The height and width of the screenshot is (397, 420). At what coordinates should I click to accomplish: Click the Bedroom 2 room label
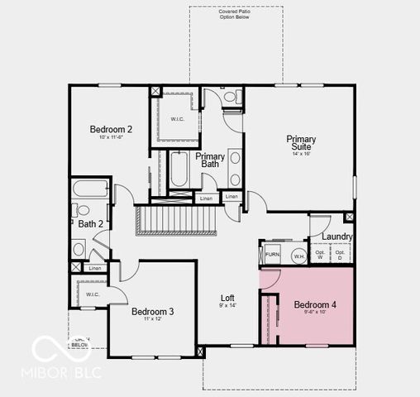tap(111, 129)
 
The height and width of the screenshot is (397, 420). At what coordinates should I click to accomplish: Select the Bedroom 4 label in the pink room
tap(315, 304)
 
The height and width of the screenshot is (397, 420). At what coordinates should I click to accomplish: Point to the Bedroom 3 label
tap(152, 311)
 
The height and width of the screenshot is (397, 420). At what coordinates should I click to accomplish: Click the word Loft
tap(227, 298)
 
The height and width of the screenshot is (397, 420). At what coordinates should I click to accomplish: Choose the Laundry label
tap(338, 237)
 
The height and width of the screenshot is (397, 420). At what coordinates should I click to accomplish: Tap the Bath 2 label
tap(90, 223)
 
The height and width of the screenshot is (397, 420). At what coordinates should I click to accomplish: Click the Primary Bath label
tap(210, 160)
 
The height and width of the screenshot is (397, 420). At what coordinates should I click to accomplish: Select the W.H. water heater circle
tap(298, 256)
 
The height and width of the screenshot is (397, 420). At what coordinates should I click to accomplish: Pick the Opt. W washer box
tap(320, 256)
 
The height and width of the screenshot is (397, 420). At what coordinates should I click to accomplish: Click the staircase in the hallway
tap(175, 221)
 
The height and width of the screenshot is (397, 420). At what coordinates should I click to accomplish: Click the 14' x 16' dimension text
tap(301, 154)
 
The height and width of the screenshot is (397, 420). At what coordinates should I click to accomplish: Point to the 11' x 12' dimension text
tap(152, 319)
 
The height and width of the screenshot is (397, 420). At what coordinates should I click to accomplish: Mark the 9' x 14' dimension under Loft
tap(227, 306)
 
